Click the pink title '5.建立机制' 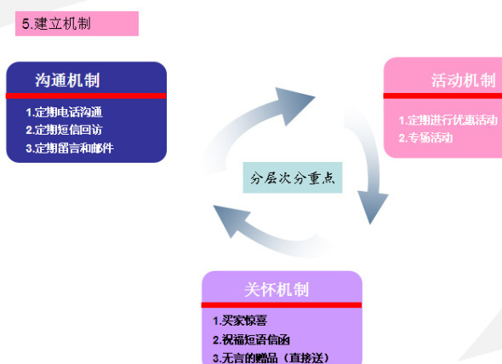[x=56, y=24]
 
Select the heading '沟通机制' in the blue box [x=67, y=80]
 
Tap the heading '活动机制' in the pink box [x=463, y=80]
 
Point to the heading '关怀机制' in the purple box [x=277, y=290]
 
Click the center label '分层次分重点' [x=293, y=177]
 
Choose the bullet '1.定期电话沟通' [x=64, y=113]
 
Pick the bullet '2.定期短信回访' [x=64, y=130]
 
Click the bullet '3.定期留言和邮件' [x=70, y=148]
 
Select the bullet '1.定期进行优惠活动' [x=448, y=120]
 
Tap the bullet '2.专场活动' [x=425, y=138]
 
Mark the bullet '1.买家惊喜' [x=240, y=321]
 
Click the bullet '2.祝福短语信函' [x=251, y=339]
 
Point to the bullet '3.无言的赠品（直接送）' [x=271, y=358]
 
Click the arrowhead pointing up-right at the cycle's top [x=293, y=104]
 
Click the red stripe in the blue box [x=86, y=95]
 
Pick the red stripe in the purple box [x=282, y=305]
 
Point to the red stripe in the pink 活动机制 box [x=442, y=95]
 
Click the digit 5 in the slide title [x=26, y=24]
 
